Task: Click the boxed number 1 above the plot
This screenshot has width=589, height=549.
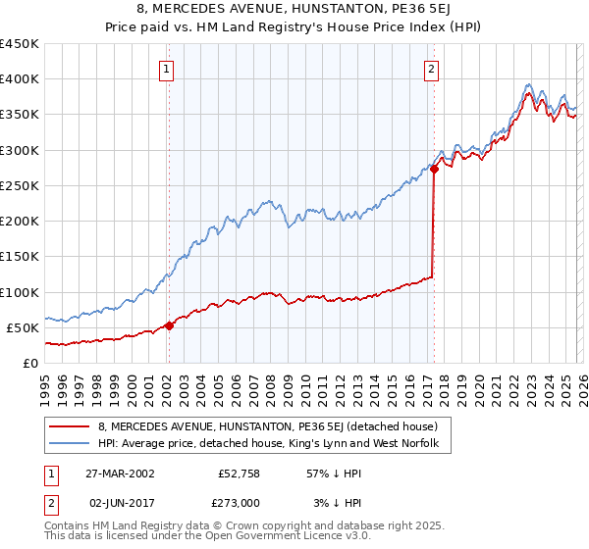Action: pos(167,69)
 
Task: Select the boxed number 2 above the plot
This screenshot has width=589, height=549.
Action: pos(432,69)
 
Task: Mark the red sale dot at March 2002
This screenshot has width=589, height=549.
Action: pos(169,325)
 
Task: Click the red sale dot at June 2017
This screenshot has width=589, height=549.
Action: pos(433,170)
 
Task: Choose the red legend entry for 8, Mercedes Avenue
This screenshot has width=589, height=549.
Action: pos(274,426)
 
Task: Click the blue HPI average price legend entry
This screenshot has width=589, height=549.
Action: pos(274,444)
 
